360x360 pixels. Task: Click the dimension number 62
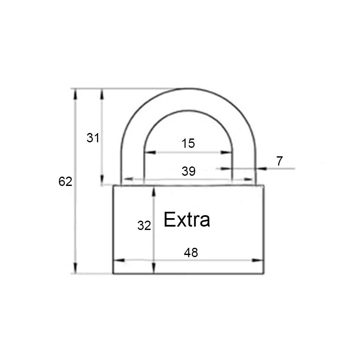coord(65,181)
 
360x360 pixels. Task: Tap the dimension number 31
coord(93,138)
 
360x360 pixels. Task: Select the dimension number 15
coord(188,143)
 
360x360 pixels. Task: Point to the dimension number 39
coord(188,171)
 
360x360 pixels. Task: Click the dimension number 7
coord(280,161)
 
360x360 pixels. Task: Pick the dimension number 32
coord(144,225)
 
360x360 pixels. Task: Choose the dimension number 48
coord(191,252)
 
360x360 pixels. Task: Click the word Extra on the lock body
coord(187,219)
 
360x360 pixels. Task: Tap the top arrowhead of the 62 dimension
coord(75,94)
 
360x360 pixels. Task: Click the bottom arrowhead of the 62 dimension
coord(75,268)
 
